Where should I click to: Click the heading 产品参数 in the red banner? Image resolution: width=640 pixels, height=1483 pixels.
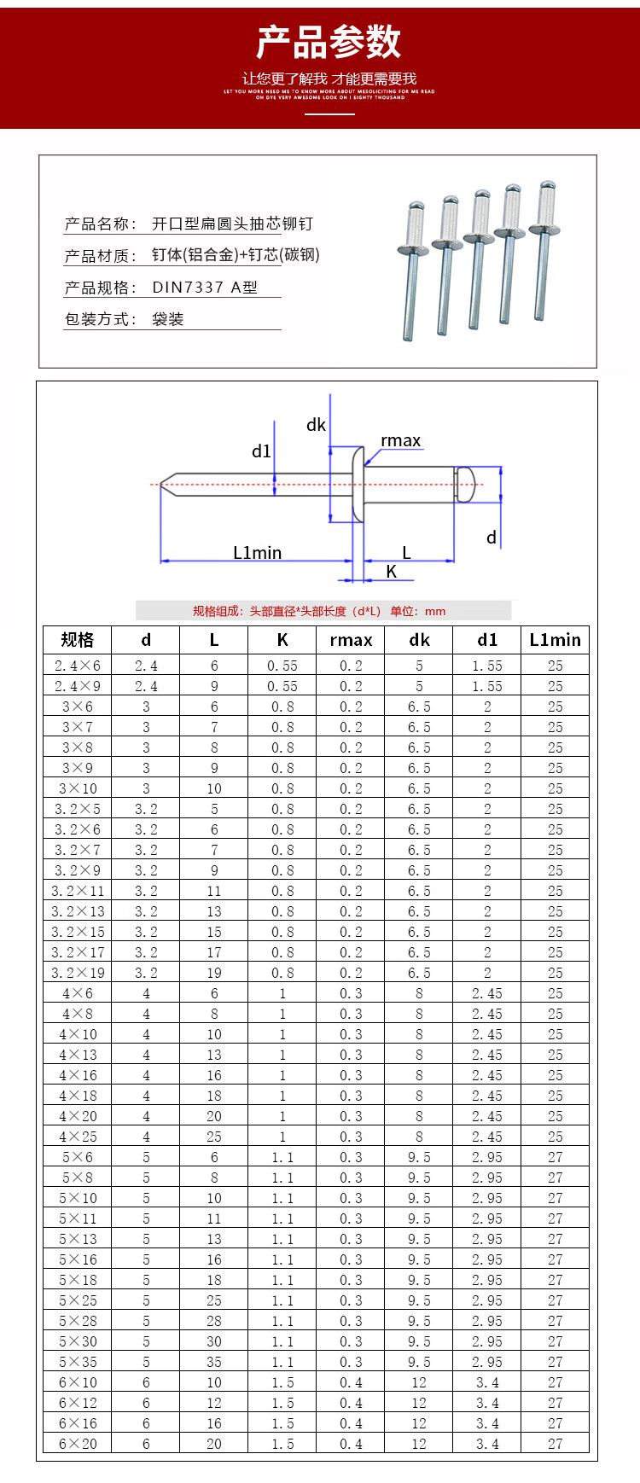(x=329, y=41)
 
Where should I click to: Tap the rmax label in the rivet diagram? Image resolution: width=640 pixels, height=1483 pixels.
(x=401, y=440)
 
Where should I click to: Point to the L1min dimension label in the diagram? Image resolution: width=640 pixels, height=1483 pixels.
(x=257, y=553)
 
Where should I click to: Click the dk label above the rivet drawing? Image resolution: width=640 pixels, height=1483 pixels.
(x=316, y=425)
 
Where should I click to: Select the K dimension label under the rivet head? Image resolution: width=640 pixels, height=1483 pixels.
(x=392, y=572)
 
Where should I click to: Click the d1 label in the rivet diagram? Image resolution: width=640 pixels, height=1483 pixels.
(x=261, y=451)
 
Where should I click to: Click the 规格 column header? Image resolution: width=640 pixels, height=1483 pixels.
(x=78, y=640)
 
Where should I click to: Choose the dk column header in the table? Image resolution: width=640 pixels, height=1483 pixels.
(x=419, y=640)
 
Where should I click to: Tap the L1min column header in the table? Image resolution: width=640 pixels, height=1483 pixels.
(x=555, y=640)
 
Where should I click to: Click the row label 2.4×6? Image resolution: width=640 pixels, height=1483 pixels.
(x=78, y=666)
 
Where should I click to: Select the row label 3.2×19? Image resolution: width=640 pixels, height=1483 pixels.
(x=78, y=973)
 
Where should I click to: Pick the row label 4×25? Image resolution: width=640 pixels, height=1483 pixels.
(x=78, y=1137)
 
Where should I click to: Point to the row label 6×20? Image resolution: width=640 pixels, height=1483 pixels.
(x=78, y=1444)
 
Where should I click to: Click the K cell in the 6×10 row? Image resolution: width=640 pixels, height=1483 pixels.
(x=282, y=1382)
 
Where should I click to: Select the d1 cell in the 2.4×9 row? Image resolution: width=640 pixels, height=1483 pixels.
(x=487, y=686)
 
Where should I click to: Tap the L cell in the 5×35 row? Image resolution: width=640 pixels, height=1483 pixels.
(x=214, y=1362)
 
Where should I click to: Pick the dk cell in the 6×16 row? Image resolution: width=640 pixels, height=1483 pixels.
(x=419, y=1423)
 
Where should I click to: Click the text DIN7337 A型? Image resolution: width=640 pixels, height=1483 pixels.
(x=205, y=288)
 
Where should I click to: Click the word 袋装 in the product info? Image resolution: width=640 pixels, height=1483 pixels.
(x=168, y=319)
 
